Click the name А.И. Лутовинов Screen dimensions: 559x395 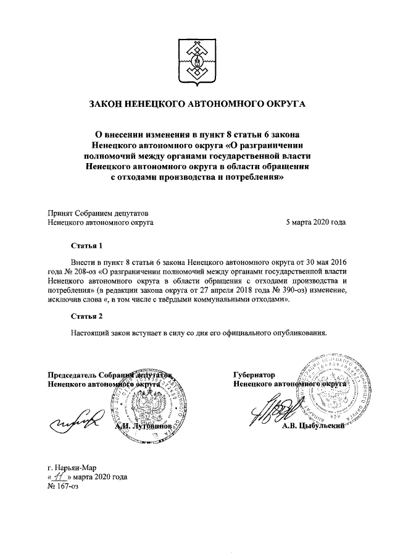coord(143,426)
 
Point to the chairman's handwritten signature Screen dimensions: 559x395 coord(77,421)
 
